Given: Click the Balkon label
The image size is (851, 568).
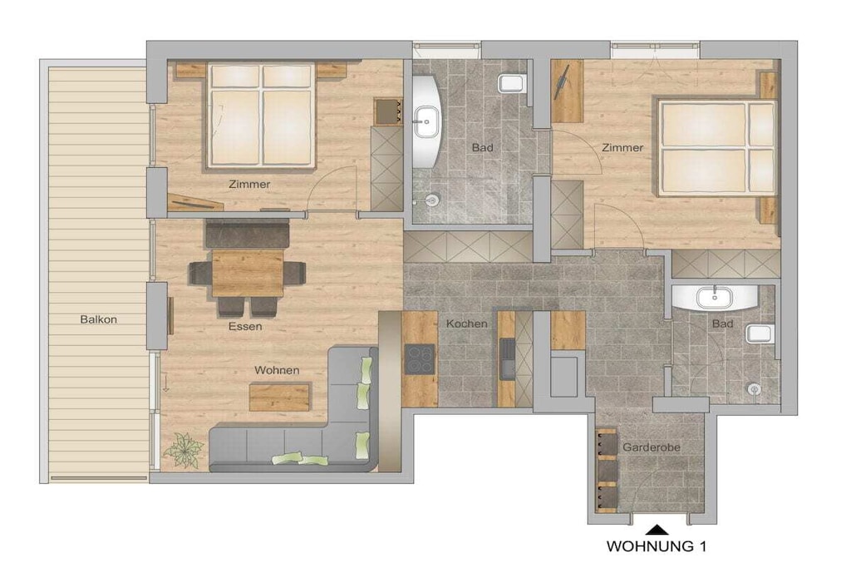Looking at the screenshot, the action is coord(98,319).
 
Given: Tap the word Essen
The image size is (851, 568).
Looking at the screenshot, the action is coord(245,326).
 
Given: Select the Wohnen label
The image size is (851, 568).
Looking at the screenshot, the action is coord(277,370).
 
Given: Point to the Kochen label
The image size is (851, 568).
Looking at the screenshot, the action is coord(467,324).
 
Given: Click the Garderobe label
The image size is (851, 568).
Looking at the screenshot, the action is coord(652,447).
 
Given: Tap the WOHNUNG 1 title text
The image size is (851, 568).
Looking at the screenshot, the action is coord(657,546).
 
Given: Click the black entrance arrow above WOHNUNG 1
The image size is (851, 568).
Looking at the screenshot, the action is coord(657,529).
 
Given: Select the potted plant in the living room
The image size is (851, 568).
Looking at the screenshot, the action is coord(184,450).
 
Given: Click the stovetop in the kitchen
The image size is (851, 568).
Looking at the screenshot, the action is coord(420,359).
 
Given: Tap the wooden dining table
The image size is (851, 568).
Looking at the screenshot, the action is coord(248,273).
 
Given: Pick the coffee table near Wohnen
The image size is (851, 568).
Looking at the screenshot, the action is coord(280,397).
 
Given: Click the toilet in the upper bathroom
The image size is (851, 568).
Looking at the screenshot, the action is coord(512,83).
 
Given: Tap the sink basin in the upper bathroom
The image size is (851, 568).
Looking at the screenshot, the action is coord(427,121).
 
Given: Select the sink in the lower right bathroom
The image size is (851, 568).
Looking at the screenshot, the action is coord(714,298).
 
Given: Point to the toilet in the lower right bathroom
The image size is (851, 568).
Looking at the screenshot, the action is coord(759,333).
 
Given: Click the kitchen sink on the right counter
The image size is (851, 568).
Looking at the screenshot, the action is coord(508,359).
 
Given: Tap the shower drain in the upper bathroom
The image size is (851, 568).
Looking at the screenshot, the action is coord(431,200).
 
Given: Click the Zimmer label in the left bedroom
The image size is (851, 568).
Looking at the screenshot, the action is coord(249,184).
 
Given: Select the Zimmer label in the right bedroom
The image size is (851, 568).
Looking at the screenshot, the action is coord(622,147).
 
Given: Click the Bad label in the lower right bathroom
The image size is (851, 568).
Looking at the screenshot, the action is coord(722,324).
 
